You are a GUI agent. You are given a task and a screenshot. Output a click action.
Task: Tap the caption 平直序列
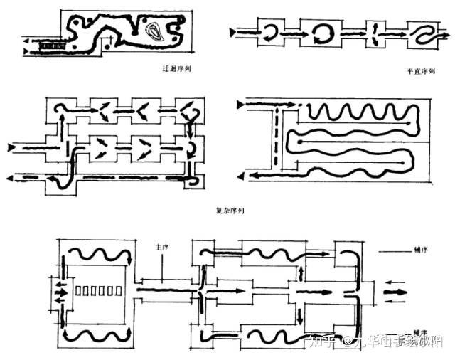click(420, 71)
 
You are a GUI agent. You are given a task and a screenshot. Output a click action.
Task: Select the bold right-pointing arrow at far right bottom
click(397, 292)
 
